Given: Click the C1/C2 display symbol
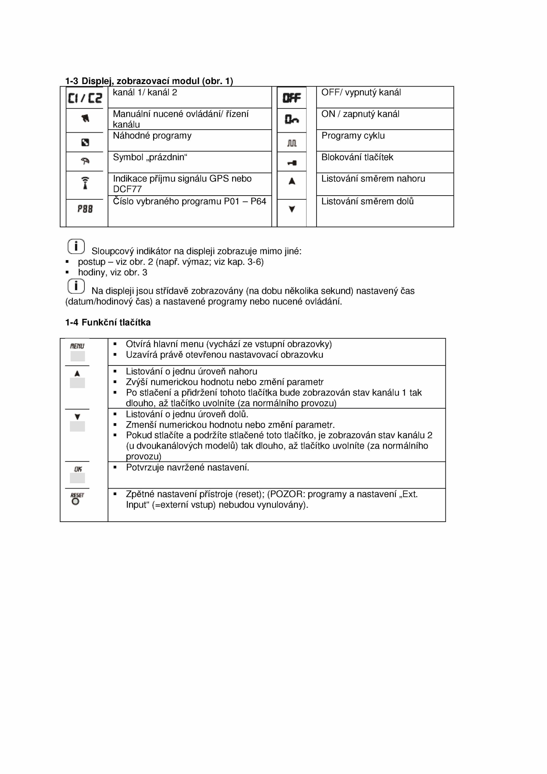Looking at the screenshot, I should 85,98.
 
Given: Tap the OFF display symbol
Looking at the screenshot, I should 292,98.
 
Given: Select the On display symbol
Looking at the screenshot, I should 292,119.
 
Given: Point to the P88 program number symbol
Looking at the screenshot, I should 85,209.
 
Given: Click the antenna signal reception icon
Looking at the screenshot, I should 85,183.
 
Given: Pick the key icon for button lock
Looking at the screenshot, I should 292,163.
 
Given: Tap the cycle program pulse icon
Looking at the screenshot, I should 292,143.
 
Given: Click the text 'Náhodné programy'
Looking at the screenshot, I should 152,136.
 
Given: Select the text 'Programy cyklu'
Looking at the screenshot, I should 353,136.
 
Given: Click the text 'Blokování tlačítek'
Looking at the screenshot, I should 357,157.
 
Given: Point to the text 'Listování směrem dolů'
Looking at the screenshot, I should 367,201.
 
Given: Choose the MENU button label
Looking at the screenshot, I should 77,346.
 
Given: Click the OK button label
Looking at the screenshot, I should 78,469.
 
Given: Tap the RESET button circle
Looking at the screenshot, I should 76,502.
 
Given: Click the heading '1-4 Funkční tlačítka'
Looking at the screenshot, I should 108,322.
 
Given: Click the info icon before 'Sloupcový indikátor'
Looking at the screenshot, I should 76,246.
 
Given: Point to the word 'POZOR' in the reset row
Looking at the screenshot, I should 286,494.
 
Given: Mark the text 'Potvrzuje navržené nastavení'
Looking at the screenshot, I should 187,467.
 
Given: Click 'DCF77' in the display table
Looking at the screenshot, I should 127,189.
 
